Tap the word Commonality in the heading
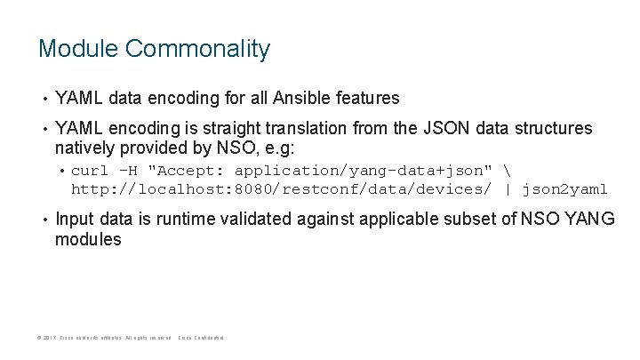click(197, 49)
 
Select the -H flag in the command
click(129, 170)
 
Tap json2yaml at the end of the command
click(565, 188)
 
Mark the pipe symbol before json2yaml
click(508, 188)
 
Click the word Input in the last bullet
click(76, 220)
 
